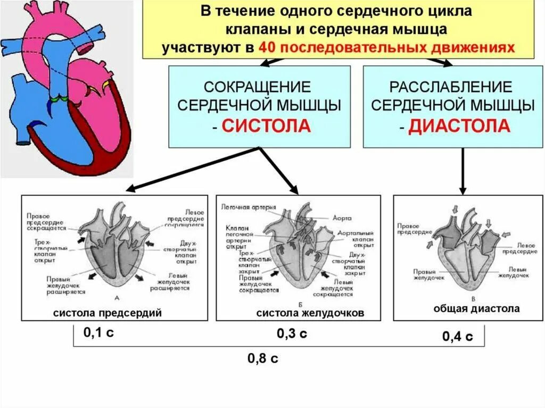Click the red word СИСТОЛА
(266, 127)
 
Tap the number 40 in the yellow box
(266, 47)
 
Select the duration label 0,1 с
(99, 333)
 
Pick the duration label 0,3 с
(292, 334)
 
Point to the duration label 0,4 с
(457, 336)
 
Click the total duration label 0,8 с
(263, 358)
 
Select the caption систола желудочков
(310, 313)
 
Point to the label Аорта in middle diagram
(343, 218)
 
